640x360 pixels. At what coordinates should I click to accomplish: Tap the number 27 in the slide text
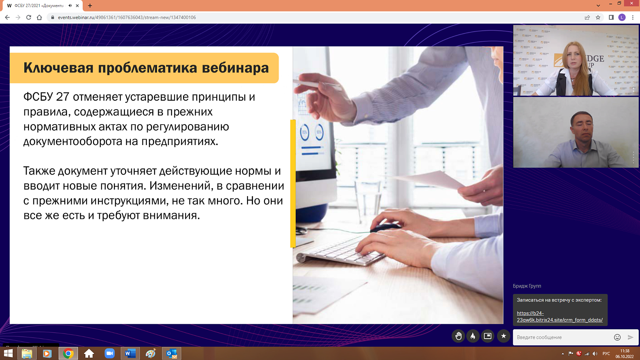pos(62,97)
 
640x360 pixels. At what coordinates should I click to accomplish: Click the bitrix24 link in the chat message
pos(559,316)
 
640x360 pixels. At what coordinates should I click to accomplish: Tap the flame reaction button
pos(473,336)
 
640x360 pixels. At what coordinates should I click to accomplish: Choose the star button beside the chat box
pos(503,336)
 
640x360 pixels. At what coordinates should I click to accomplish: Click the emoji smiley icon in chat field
pos(617,337)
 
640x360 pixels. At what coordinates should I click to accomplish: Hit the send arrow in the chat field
pos(631,337)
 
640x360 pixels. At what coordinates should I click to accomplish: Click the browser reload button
pos(29,17)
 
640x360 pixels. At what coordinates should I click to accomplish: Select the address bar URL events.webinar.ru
pos(127,17)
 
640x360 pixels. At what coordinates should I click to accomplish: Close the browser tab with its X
pos(77,6)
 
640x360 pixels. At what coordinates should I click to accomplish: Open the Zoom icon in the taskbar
pos(110,353)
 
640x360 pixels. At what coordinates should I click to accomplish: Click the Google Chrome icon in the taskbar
pos(68,353)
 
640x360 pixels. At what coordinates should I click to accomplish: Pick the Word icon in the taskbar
pos(130,353)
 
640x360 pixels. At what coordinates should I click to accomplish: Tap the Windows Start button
pos(8,353)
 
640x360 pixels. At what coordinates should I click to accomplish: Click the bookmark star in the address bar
pos(598,17)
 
